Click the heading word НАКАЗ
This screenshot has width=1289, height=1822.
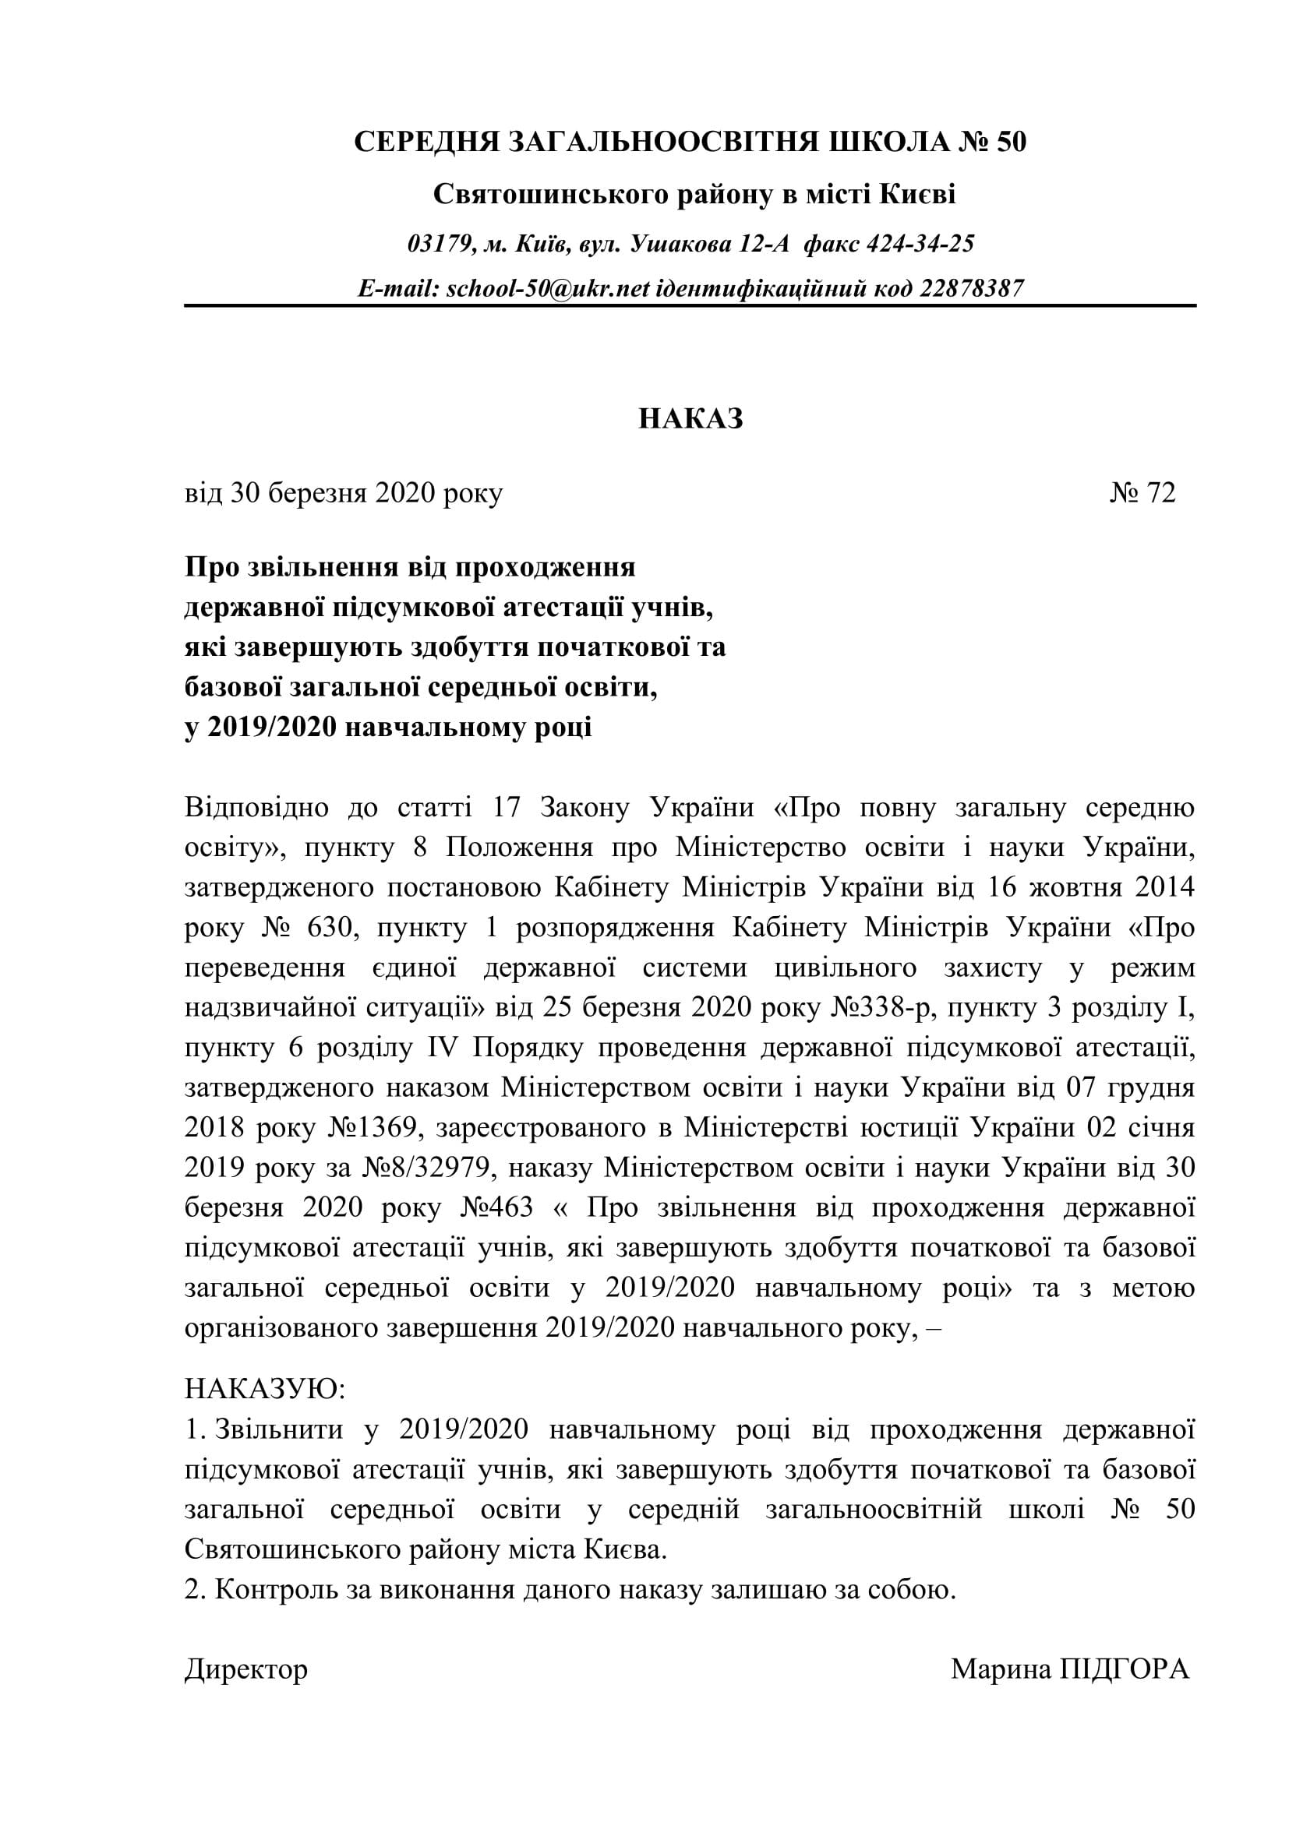coord(690,419)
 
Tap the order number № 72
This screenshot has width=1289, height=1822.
coord(1142,494)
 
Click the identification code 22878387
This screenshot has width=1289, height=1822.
coord(972,288)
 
